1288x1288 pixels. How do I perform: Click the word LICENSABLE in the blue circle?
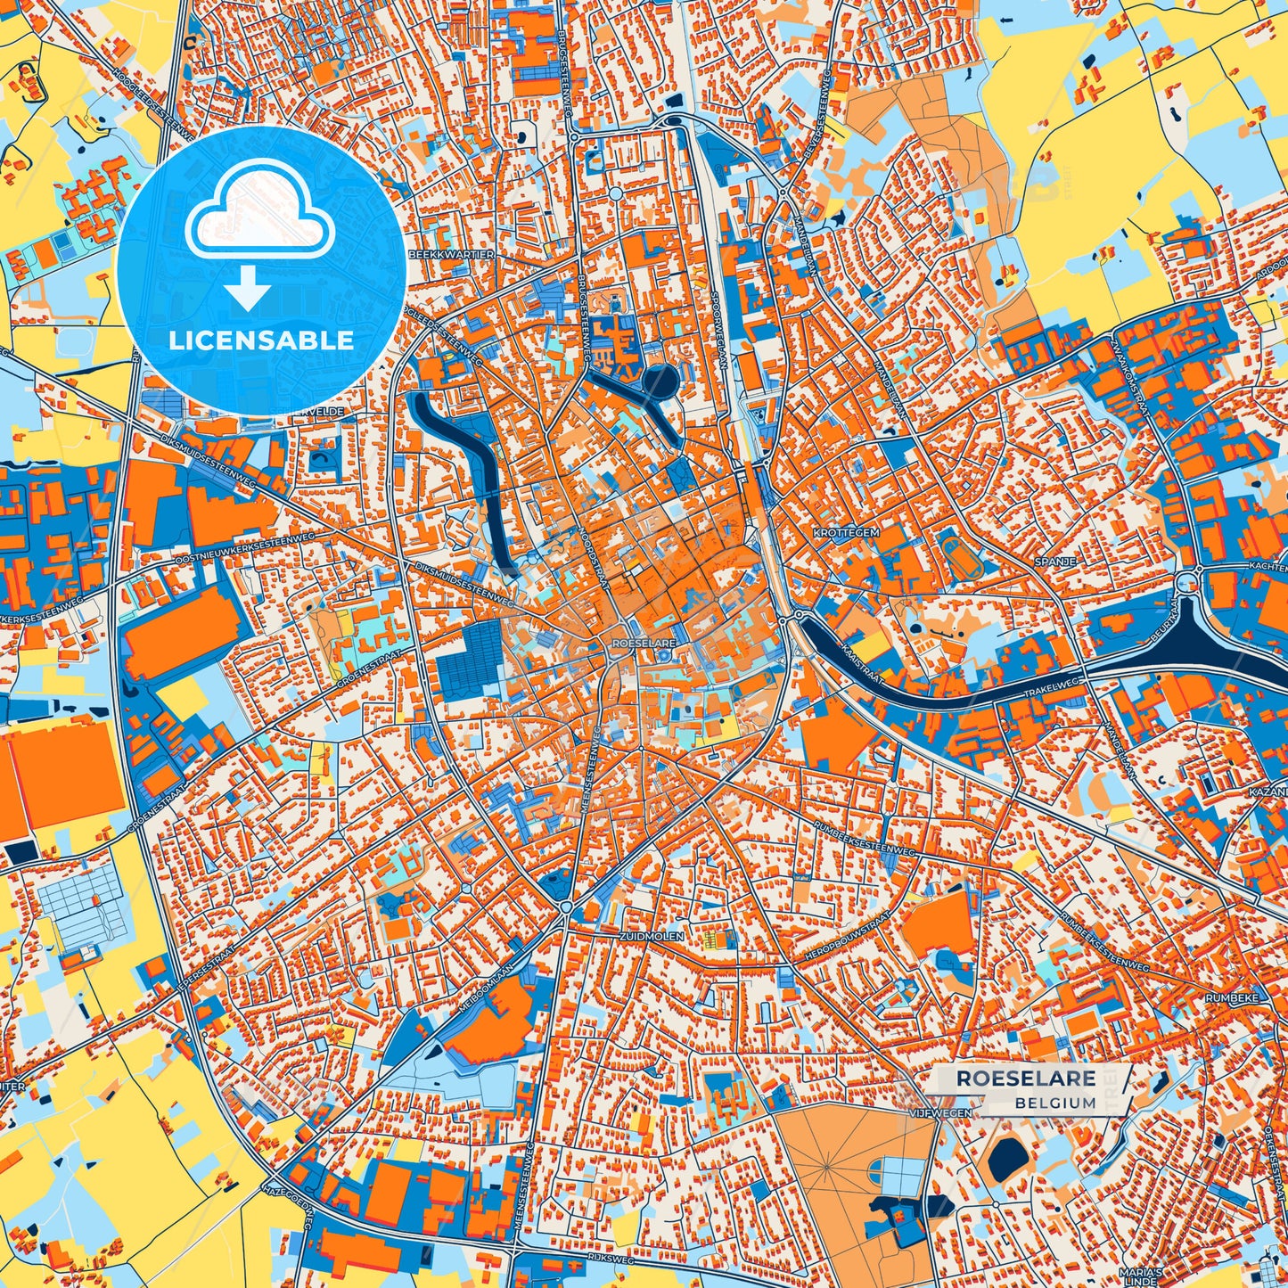click(261, 340)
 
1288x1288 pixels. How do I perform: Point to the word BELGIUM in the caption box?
click(1054, 1103)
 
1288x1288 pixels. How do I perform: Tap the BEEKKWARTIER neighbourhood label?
click(450, 255)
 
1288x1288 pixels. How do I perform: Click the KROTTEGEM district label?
click(846, 532)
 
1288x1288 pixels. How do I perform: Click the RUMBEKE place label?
click(1231, 998)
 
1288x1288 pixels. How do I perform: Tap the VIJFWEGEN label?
click(941, 1113)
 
